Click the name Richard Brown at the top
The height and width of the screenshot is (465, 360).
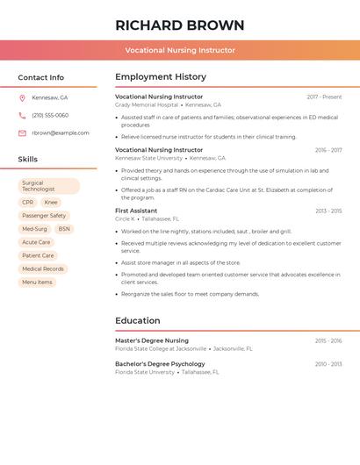tap(180, 25)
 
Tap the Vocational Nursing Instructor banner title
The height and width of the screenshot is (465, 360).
tap(180, 50)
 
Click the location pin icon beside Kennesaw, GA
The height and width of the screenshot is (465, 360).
tap(22, 97)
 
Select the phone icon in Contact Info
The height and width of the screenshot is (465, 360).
tap(22, 115)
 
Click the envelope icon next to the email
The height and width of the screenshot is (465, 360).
tap(22, 133)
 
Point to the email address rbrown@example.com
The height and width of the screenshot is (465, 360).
tap(61, 133)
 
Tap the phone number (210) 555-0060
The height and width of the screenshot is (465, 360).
tap(50, 115)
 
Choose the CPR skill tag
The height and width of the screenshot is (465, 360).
tap(27, 203)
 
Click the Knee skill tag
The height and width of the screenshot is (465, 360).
tap(51, 203)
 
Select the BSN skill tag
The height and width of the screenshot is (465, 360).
tap(64, 229)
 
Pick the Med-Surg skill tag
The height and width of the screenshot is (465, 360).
tap(35, 229)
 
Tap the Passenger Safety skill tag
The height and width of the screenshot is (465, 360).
tap(44, 216)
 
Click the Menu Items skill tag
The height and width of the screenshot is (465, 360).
tap(37, 283)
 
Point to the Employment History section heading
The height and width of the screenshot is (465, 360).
tap(160, 76)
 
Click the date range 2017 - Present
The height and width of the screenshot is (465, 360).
tap(324, 97)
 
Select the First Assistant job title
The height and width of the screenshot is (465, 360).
tap(136, 211)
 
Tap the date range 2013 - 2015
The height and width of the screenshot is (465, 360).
tap(328, 211)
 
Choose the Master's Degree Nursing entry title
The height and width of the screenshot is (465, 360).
tap(152, 340)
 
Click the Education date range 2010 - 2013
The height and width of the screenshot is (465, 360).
tap(328, 364)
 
